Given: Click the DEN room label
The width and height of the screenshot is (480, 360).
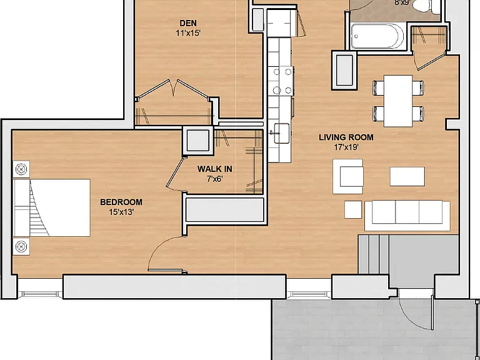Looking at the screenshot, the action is pyautogui.click(x=188, y=23).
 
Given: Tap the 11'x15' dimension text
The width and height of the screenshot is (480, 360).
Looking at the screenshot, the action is pyautogui.click(x=188, y=33).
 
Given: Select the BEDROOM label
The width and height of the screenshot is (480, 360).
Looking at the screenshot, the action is pyautogui.click(x=121, y=202).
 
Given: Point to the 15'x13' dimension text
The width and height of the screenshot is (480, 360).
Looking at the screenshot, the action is pyautogui.click(x=121, y=212).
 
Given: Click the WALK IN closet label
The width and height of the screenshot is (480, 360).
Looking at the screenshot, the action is pyautogui.click(x=214, y=169).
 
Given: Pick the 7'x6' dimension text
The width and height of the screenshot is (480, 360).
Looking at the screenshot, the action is pyautogui.click(x=214, y=179).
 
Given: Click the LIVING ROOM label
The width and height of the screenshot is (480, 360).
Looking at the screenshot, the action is pyautogui.click(x=346, y=137).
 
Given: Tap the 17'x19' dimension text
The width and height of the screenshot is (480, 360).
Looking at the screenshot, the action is pyautogui.click(x=346, y=147).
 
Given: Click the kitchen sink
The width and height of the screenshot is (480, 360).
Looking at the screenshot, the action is pyautogui.click(x=282, y=133).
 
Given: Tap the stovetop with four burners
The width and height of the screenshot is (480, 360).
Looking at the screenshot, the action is pyautogui.click(x=282, y=81).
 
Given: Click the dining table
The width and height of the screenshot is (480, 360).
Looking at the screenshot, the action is pyautogui.click(x=398, y=101).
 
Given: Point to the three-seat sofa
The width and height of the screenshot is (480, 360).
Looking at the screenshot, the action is pyautogui.click(x=407, y=216).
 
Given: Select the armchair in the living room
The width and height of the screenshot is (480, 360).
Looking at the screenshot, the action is pyautogui.click(x=348, y=176).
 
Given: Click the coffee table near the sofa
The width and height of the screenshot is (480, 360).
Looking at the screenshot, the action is pyautogui.click(x=407, y=176).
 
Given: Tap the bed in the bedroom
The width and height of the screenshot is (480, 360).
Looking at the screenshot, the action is pyautogui.click(x=52, y=208).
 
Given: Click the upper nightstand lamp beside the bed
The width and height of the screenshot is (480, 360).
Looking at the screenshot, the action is pyautogui.click(x=21, y=169).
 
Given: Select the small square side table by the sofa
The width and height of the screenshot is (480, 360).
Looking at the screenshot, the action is pyautogui.click(x=353, y=210).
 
